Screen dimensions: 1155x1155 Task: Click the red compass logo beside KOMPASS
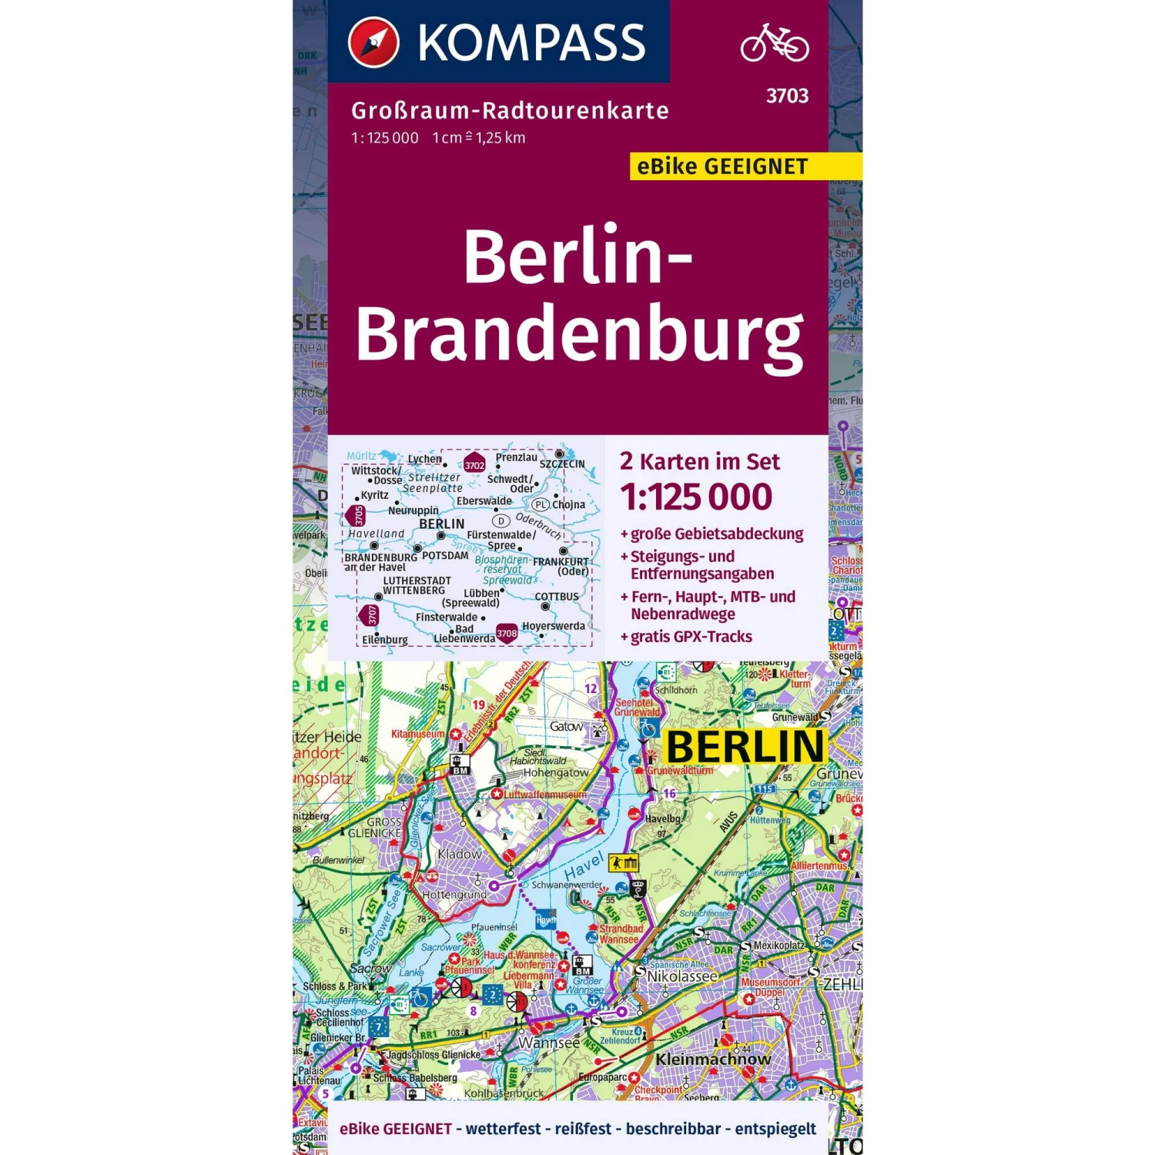(x=373, y=42)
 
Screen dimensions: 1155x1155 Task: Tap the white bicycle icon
(x=774, y=42)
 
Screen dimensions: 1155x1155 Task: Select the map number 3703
(x=787, y=96)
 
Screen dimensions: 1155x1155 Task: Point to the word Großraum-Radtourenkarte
(x=510, y=111)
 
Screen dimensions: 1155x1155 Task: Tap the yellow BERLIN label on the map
(x=745, y=747)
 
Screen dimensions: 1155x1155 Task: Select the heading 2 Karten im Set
(x=699, y=461)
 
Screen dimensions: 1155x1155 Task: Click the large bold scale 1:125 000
(x=696, y=497)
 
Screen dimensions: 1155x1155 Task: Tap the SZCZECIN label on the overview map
(x=562, y=464)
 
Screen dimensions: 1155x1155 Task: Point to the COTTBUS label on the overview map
(x=557, y=597)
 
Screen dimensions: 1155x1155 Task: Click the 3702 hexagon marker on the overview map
(x=474, y=465)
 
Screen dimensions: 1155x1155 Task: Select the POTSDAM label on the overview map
(x=445, y=555)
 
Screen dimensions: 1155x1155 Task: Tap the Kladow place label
(x=459, y=854)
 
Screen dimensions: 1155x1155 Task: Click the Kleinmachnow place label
(x=713, y=1060)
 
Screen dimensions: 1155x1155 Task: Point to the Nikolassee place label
(x=682, y=976)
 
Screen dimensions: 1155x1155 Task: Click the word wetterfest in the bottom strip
(x=503, y=1129)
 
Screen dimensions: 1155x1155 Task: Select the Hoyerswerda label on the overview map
(x=554, y=626)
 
